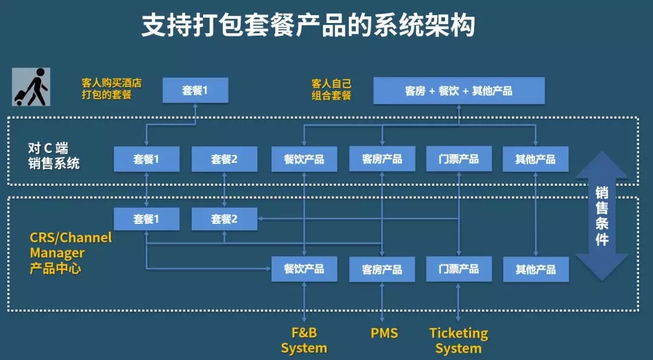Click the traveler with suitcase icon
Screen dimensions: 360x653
click(x=31, y=87)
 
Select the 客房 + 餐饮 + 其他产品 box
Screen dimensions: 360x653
click(x=459, y=91)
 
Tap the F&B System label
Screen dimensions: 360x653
click(x=304, y=340)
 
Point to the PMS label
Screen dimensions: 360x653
click(x=384, y=333)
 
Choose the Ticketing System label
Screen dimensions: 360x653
click(x=458, y=340)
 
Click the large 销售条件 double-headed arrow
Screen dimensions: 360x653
click(x=602, y=215)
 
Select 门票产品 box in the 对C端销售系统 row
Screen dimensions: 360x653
click(x=459, y=159)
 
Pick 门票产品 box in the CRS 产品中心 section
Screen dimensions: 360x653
click(x=459, y=269)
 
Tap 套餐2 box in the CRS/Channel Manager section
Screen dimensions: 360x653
click(x=224, y=219)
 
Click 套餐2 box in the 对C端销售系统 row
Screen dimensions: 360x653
click(x=224, y=159)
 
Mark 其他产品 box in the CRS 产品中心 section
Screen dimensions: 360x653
click(x=536, y=269)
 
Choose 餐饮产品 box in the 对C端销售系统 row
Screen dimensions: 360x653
click(x=304, y=159)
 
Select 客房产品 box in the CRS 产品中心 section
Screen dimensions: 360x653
click(x=382, y=269)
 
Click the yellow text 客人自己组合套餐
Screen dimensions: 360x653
click(x=331, y=89)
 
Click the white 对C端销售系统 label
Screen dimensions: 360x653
click(x=54, y=155)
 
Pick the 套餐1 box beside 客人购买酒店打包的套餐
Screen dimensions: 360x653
click(x=195, y=90)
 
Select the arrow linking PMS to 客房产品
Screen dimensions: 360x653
click(x=382, y=301)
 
